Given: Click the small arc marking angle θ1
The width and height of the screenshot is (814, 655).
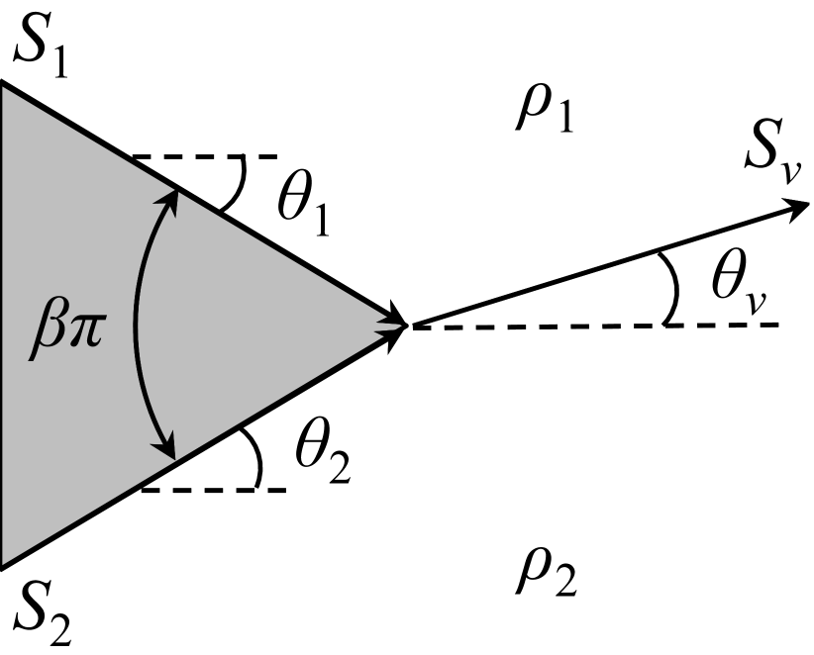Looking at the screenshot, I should pos(235,188).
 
